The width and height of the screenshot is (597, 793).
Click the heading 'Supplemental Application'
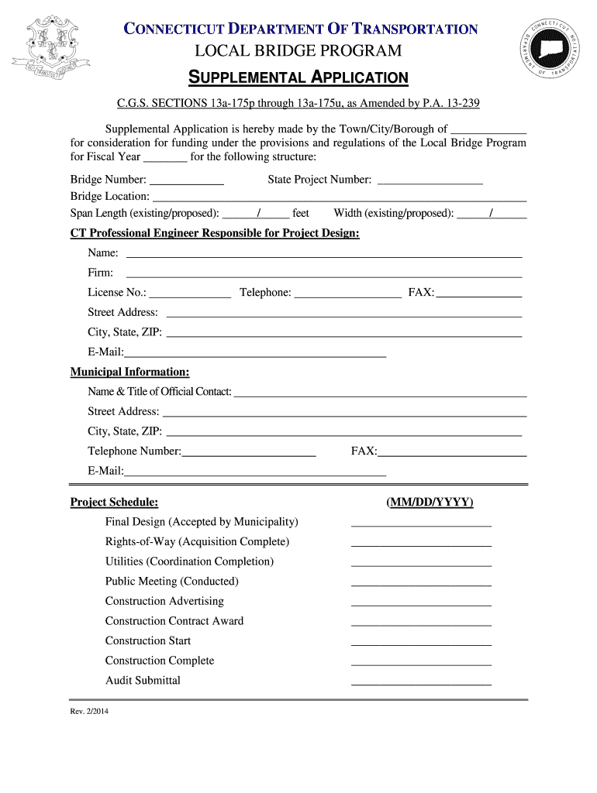tap(298, 77)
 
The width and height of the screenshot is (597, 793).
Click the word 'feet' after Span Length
tap(300, 213)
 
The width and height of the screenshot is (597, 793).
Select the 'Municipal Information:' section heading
tap(129, 372)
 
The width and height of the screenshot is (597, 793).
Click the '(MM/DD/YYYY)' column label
tap(430, 502)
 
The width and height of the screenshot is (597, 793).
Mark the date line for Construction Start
tap(421, 644)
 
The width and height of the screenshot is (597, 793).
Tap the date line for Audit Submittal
tap(421, 684)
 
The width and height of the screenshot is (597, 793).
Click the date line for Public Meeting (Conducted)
tap(421, 585)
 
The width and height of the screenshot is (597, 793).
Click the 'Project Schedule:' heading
tap(114, 502)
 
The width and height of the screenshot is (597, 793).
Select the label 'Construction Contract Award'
tap(174, 620)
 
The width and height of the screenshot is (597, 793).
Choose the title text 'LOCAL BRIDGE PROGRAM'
tap(298, 51)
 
